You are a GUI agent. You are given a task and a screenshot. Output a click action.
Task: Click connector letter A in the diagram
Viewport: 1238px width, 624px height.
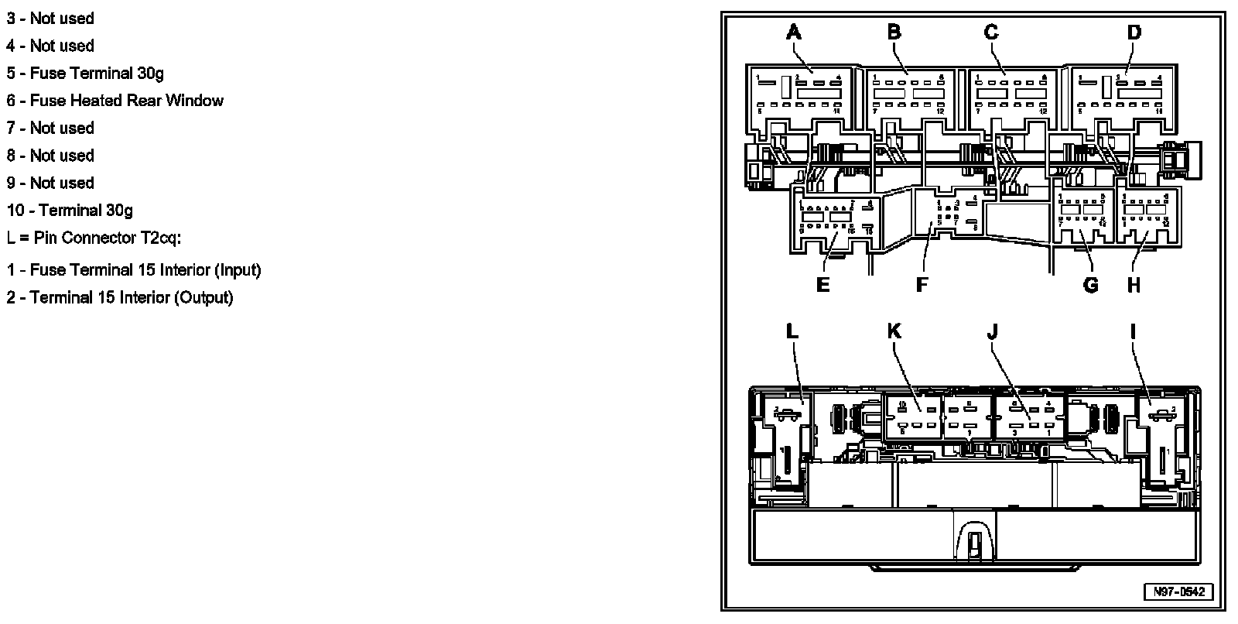coord(794,33)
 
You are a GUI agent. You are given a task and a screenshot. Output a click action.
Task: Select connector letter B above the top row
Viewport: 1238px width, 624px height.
coord(894,33)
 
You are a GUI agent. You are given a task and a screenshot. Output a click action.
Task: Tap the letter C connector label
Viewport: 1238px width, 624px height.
coord(991,33)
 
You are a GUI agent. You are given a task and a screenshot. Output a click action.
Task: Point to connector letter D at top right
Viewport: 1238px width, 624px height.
coord(1134,33)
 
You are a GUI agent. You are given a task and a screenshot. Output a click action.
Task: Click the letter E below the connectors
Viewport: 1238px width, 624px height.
coord(822,285)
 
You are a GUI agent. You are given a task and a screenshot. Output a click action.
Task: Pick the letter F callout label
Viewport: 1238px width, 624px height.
coord(922,285)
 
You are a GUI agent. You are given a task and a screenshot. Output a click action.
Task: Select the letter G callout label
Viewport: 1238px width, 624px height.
coord(1090,285)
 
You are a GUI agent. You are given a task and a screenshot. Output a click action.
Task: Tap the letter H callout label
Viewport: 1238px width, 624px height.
coord(1134,285)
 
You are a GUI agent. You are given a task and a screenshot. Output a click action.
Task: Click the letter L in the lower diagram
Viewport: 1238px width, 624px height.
coord(792,331)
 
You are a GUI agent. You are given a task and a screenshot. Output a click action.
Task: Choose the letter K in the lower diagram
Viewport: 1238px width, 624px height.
coord(894,331)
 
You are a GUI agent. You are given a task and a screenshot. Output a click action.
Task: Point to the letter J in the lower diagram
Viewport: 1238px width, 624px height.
coord(993,331)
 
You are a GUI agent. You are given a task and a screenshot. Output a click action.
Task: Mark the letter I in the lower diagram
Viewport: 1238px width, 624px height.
coord(1134,331)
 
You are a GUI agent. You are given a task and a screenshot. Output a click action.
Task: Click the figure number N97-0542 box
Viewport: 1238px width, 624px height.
coord(1179,591)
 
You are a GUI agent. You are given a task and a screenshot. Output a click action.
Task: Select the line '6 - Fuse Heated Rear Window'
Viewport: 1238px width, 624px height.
coord(115,101)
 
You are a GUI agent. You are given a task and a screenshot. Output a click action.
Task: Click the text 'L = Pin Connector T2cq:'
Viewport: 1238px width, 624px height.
coord(94,238)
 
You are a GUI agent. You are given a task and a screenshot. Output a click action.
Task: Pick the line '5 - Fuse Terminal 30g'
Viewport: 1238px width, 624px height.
coord(85,74)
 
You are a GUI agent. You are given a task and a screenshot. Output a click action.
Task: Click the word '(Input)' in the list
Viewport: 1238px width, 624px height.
coord(238,270)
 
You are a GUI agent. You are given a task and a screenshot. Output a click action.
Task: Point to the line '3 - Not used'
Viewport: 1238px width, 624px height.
coord(50,19)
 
